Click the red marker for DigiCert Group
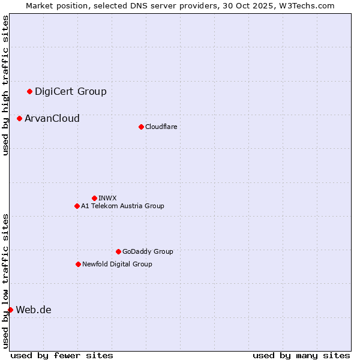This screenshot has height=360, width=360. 29,91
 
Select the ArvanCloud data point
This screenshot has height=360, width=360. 19,118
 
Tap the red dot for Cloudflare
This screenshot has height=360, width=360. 141,127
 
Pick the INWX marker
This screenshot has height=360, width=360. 94,198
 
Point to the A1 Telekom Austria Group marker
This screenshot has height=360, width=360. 77,206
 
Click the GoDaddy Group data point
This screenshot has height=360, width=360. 118,251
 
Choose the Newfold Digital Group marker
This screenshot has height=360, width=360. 78,264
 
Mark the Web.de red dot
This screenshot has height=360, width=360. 10,310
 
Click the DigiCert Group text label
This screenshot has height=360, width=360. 71,91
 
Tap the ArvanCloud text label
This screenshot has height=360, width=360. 52,118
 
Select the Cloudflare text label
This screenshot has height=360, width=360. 161,127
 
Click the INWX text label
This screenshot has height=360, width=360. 107,198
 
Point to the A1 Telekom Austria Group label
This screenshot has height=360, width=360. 122,206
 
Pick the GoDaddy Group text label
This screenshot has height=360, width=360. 148,251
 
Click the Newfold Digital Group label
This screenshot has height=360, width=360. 117,264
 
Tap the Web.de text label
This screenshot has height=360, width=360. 34,310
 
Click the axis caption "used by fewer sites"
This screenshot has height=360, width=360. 62,355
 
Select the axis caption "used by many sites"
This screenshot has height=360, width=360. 301,355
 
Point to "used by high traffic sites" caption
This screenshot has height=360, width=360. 5,85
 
